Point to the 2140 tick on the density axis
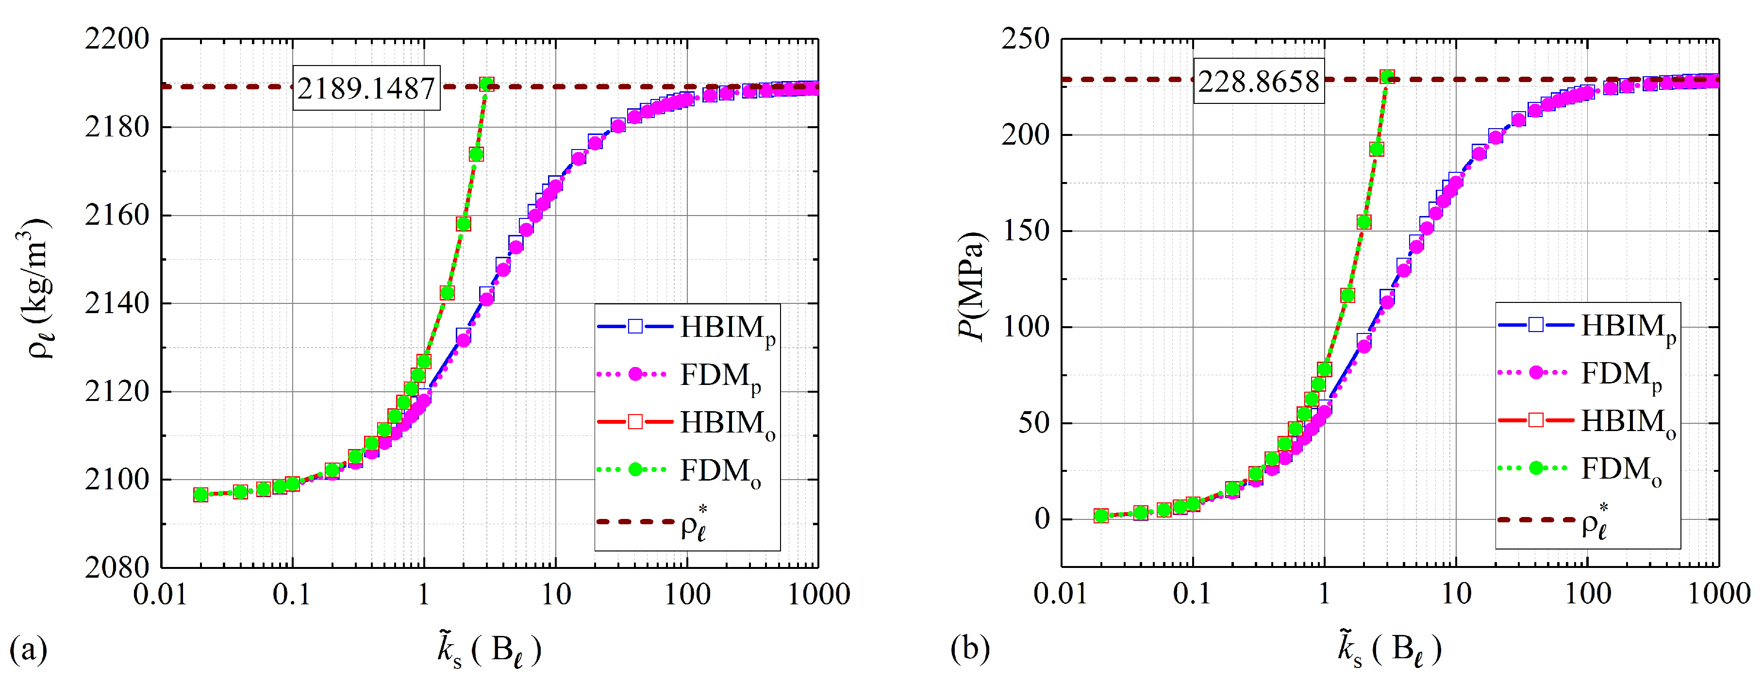click(117, 303)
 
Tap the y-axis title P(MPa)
click(972, 286)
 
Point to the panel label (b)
click(970, 648)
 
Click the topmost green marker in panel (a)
click(486, 84)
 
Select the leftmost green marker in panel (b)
click(1100, 516)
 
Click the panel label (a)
click(28, 648)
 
